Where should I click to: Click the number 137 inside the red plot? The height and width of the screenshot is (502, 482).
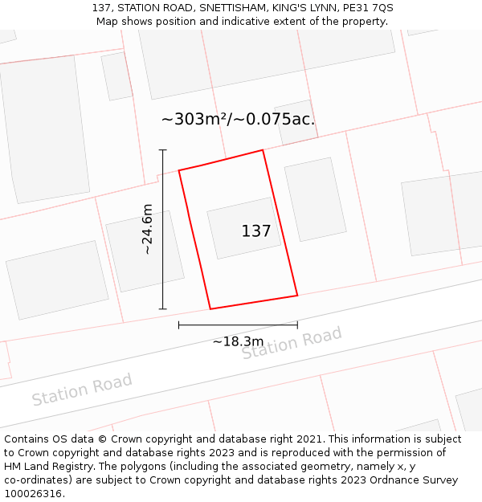coord(256,231)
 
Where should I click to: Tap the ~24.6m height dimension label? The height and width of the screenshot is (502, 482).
coord(147,230)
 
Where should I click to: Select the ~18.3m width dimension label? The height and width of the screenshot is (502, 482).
coord(238,341)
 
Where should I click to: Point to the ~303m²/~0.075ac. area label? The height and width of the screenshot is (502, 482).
coord(238,120)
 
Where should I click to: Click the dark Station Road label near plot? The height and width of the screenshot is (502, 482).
coord(292,343)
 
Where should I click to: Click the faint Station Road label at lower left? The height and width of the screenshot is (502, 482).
coord(82,390)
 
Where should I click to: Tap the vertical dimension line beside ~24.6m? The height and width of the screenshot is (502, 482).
coord(163,229)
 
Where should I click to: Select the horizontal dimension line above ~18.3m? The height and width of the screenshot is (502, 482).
coord(238,324)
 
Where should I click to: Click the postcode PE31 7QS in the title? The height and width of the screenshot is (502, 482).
coord(366,8)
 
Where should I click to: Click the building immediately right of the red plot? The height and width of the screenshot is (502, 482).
coord(315,199)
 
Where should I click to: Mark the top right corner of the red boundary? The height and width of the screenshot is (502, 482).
coord(263,150)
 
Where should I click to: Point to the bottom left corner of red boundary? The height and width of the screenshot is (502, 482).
coord(210,308)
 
